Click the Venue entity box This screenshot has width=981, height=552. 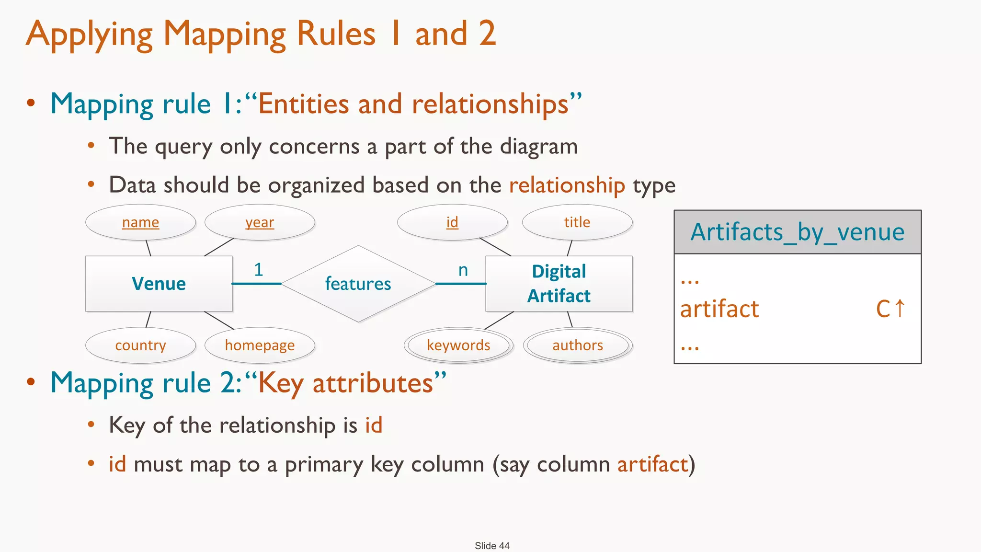pyautogui.click(x=159, y=284)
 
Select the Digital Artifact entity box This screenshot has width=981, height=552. pyautogui.click(x=559, y=284)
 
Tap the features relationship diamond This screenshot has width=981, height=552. pyautogui.click(x=358, y=284)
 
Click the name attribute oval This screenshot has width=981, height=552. pyautogui.click(x=140, y=222)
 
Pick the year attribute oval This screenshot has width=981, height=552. pyautogui.click(x=260, y=222)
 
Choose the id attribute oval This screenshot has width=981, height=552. pyautogui.click(x=452, y=222)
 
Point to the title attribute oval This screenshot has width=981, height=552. pyautogui.click(x=577, y=222)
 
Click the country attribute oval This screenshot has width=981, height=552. pyautogui.click(x=140, y=345)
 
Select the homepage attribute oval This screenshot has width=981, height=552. pyautogui.click(x=260, y=345)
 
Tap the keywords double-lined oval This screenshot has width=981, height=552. pyautogui.click(x=458, y=345)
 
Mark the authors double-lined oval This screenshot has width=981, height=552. pyautogui.click(x=578, y=345)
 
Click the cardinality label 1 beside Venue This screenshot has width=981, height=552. pyautogui.click(x=259, y=270)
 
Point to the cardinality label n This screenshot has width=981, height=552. pyautogui.click(x=463, y=270)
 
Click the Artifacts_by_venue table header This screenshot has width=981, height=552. pyautogui.click(x=798, y=232)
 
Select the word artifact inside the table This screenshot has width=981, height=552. pyautogui.click(x=719, y=309)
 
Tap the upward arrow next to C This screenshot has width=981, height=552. pyautogui.click(x=900, y=308)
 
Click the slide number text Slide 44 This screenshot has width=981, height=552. pyautogui.click(x=492, y=546)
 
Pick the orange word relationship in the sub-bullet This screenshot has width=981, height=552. pyautogui.click(x=567, y=185)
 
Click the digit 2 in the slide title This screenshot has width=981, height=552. pyautogui.click(x=487, y=34)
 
